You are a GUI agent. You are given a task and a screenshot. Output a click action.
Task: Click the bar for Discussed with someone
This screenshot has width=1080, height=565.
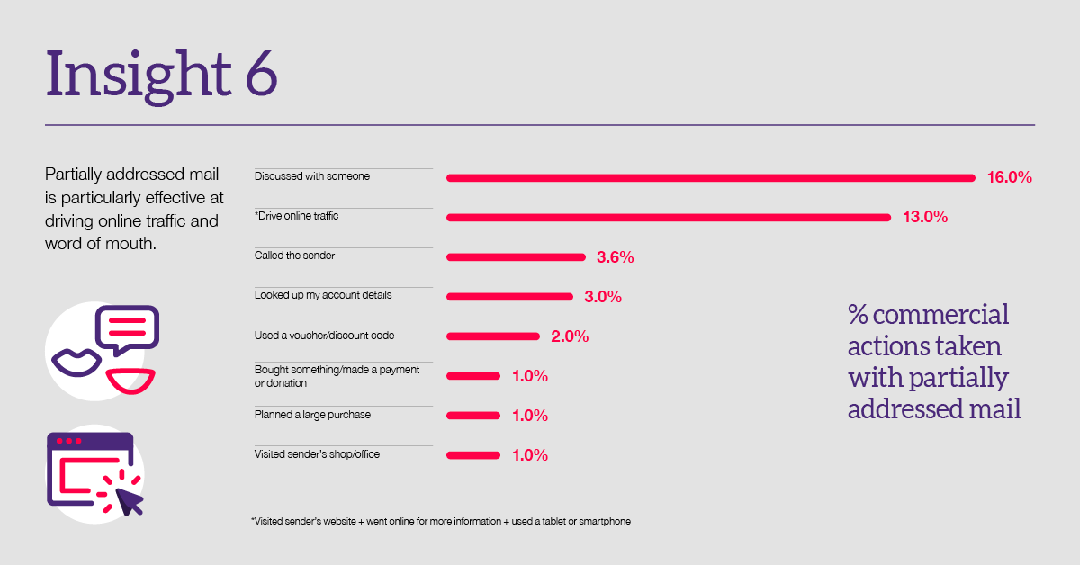tap(711, 178)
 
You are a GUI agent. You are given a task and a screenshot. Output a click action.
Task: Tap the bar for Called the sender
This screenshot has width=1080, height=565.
tap(516, 257)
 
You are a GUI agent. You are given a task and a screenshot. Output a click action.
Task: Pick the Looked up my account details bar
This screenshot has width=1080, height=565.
tap(509, 297)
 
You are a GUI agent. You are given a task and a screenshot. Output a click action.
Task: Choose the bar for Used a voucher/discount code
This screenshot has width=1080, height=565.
tap(491, 336)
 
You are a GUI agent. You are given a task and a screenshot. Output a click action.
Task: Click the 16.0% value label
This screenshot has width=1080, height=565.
tap(1009, 178)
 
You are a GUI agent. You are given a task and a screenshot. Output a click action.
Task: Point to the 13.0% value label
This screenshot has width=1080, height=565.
tap(925, 218)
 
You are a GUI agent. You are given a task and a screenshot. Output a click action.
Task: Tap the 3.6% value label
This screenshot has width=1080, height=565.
tap(616, 257)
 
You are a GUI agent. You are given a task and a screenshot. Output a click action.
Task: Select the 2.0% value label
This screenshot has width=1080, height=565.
tap(570, 336)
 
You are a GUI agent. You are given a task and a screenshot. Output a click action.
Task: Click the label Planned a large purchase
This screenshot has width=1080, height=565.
tap(312, 415)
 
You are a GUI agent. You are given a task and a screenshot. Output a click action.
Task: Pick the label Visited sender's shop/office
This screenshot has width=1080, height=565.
tap(317, 454)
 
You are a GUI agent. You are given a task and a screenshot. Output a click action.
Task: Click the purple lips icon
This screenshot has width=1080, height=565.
tap(76, 361)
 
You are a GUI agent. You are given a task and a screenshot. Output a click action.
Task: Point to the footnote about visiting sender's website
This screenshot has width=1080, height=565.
tap(440, 522)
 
